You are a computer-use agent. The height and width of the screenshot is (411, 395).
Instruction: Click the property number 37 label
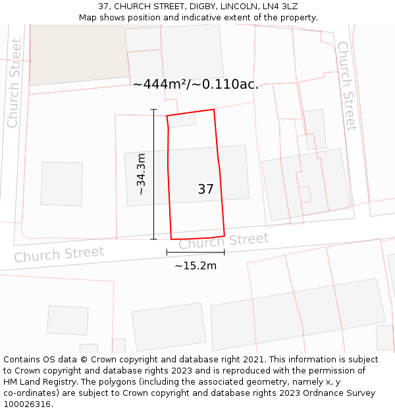[205, 189]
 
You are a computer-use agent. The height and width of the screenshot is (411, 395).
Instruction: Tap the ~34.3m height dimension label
[141, 174]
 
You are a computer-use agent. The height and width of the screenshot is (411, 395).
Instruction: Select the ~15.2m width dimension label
[196, 266]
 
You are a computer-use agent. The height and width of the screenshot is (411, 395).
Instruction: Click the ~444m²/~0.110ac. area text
[196, 84]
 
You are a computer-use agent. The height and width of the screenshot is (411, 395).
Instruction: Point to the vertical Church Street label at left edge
[14, 83]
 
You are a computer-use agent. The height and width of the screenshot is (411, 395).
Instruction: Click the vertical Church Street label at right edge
[347, 85]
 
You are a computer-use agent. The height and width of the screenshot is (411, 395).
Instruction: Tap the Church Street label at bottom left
[59, 254]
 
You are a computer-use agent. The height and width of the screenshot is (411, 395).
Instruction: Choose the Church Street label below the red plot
[224, 241]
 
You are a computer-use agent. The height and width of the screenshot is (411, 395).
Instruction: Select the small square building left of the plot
[62, 183]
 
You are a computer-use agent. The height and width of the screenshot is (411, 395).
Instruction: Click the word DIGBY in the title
[198, 6]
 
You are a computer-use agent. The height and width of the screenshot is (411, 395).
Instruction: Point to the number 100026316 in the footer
[26, 404]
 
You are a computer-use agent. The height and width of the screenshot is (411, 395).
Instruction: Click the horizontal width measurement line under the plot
[196, 252]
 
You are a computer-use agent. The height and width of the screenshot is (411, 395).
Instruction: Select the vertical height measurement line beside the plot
[153, 174]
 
